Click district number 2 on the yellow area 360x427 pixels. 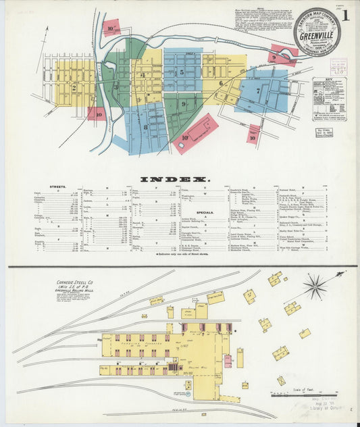pos(74,86)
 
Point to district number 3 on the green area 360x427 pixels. pos(115,86)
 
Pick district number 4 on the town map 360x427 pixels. pos(143,75)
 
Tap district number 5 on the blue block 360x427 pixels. pos(181,72)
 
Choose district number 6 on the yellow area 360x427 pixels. pos(221,84)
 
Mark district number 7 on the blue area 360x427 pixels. pos(257,90)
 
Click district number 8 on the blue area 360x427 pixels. pos(145,126)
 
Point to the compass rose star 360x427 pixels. pos(314,286)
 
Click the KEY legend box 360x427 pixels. pos(329,98)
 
